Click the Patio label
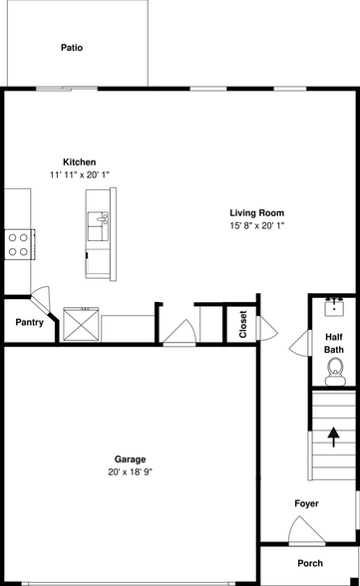coord(71,47)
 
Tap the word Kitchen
coord(80,161)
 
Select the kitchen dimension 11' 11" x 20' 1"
coord(80,174)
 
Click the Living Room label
coord(256,212)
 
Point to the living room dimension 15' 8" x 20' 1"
coord(256,225)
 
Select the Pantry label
coord(28,322)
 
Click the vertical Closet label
coord(242,324)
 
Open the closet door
coord(179,331)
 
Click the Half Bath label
coord(334,343)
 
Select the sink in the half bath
coord(335,305)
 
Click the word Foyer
coord(306,504)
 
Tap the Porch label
coord(310,563)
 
